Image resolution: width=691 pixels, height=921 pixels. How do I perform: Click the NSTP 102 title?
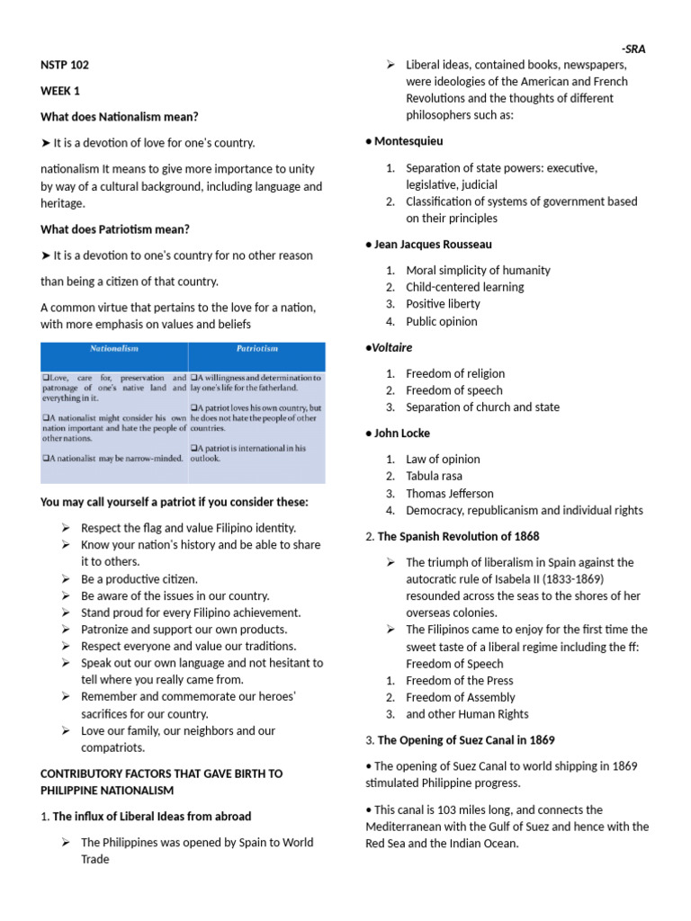click(x=65, y=65)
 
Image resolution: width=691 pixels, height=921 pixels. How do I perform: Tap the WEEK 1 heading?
click(x=61, y=91)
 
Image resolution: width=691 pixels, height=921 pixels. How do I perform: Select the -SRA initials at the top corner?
click(x=633, y=49)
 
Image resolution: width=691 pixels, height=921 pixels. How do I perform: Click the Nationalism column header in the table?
click(x=113, y=348)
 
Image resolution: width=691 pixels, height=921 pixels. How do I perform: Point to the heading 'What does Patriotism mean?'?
click(x=115, y=229)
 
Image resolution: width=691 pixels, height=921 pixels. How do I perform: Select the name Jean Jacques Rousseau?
click(x=433, y=244)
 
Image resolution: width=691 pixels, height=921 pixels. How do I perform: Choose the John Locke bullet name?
click(x=402, y=433)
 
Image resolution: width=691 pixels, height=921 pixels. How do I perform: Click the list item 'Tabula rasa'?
click(x=435, y=476)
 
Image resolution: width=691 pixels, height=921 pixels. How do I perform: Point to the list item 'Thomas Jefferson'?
click(x=450, y=493)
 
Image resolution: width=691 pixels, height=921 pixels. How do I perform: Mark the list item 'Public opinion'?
click(x=442, y=321)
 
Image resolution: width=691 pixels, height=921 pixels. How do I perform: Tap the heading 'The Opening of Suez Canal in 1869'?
click(x=466, y=740)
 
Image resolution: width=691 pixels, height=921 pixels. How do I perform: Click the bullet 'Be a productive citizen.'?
click(x=139, y=578)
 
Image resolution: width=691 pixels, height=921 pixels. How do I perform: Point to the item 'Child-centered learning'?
click(x=465, y=287)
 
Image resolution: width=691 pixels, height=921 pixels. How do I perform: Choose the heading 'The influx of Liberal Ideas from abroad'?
click(x=152, y=816)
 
